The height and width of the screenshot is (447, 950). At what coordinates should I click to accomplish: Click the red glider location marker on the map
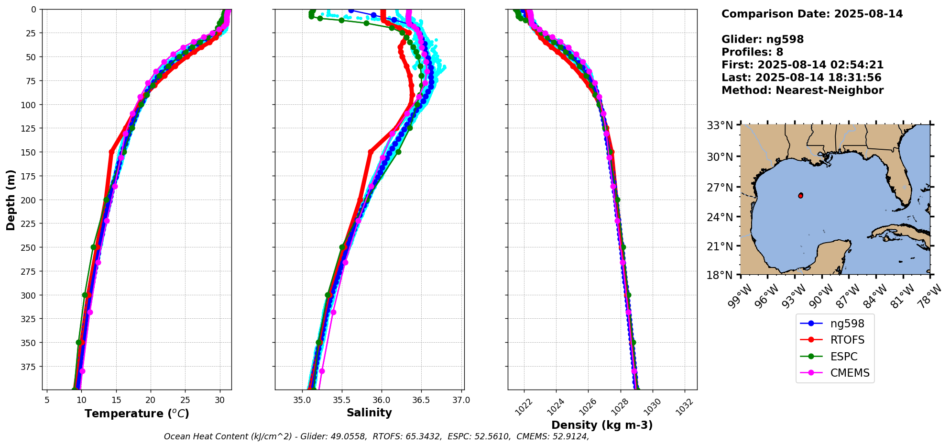click(x=801, y=195)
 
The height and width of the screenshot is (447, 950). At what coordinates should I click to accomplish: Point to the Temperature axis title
click(x=137, y=413)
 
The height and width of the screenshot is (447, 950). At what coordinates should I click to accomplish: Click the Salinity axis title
click(x=369, y=413)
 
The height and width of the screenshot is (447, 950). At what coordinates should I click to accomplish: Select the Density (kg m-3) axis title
click(x=602, y=425)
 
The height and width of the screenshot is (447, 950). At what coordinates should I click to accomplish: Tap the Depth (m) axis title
click(x=11, y=200)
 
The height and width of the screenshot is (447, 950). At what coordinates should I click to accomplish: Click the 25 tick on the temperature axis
click(x=185, y=400)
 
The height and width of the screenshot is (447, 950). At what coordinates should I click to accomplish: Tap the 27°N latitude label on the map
click(x=720, y=187)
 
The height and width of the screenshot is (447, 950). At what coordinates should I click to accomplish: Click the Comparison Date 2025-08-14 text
click(x=812, y=14)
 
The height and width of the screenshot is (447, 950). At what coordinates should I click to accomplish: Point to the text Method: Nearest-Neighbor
click(x=802, y=90)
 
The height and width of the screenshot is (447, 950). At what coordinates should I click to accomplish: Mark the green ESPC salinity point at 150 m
click(x=398, y=152)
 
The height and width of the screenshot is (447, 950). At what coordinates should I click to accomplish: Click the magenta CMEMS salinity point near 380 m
click(x=322, y=371)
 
